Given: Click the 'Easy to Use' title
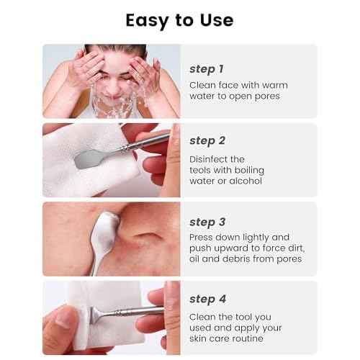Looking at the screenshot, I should point(179,19).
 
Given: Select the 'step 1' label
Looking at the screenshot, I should point(207,69).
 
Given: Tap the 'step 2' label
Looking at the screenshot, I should point(207,140).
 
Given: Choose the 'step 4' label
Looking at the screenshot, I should point(207,297).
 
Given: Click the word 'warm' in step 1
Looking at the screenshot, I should point(274,85).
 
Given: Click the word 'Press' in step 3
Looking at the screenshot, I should point(202,236).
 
